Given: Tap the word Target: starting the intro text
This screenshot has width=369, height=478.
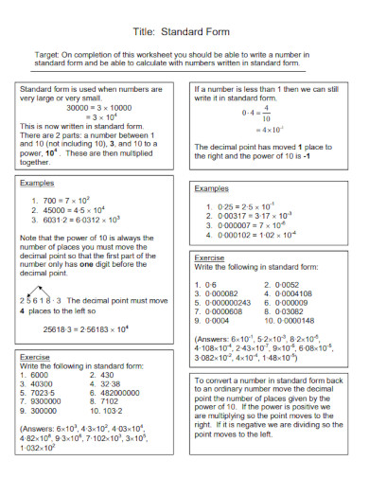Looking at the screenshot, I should (48, 56).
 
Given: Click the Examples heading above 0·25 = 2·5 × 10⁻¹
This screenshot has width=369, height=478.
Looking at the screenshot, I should (211, 189).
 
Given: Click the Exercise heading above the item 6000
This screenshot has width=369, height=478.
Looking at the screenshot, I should (35, 357).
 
